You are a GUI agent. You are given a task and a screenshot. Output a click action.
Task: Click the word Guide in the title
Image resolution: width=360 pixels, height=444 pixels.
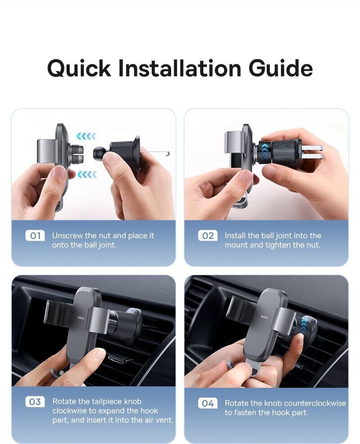(x=281, y=68)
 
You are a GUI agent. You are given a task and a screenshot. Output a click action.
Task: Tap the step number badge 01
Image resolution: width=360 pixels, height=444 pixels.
(x=35, y=236)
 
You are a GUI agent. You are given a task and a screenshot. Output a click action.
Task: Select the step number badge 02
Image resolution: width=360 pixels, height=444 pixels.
(x=208, y=236)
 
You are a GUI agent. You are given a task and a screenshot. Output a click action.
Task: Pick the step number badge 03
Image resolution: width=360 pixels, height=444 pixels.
(x=35, y=402)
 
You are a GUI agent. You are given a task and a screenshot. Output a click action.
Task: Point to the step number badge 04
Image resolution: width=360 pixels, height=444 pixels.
(x=208, y=403)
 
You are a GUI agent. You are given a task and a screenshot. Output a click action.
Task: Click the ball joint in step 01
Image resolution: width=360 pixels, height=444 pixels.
(x=99, y=153)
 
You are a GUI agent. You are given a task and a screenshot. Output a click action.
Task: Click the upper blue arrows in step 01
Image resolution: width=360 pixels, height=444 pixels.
(x=86, y=136)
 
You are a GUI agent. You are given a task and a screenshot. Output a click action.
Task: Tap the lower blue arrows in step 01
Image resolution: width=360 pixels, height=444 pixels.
(x=87, y=175)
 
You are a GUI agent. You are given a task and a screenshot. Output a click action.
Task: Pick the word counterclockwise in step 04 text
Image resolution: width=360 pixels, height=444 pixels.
(x=305, y=403)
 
